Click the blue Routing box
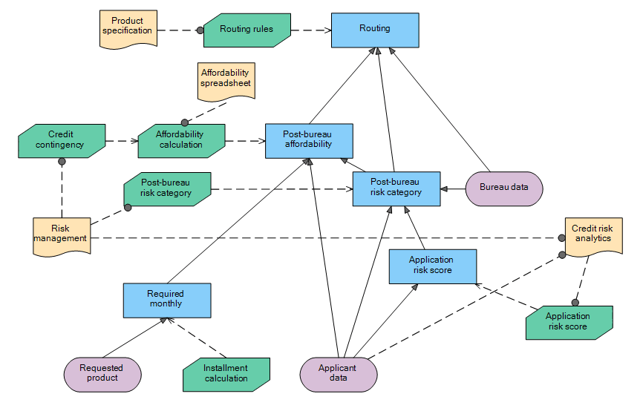pos(375,29)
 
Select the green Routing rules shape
pos(247,30)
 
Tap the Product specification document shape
pos(128,28)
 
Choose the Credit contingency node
pos(62,140)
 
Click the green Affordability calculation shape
pos(181,140)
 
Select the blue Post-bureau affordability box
pos(309,140)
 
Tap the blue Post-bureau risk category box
pos(396,188)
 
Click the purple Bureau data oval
pos(504,188)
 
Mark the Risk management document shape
pos(62,235)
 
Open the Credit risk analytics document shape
pos(593,235)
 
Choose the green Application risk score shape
pos(569,323)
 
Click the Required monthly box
pos(166,299)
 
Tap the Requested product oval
pos(102,373)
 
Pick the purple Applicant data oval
pos(338,373)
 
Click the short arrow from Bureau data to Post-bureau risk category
pos(452,188)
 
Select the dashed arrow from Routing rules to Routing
pos(310,30)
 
